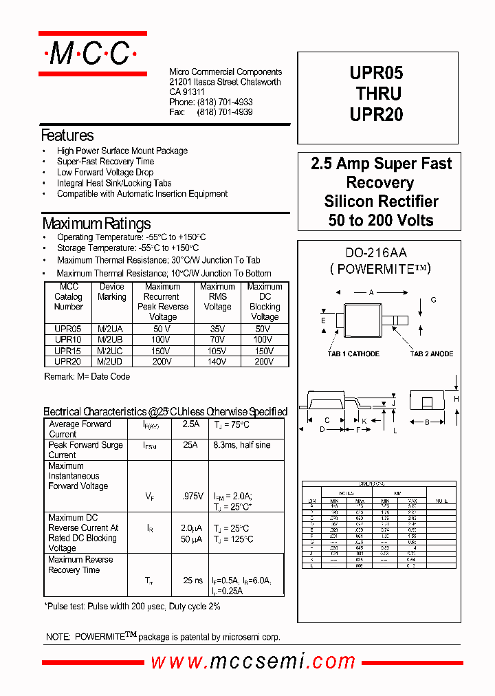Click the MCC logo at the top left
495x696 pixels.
[x=92, y=54]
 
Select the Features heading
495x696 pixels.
[x=67, y=135]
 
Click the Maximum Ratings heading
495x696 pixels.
[x=96, y=224]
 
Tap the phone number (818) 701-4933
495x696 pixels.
[x=225, y=102]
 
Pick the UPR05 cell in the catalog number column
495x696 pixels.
[x=68, y=329]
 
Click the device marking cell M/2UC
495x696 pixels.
[x=111, y=350]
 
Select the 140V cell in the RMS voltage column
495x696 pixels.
[x=217, y=361]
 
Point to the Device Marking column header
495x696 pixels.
[x=111, y=292]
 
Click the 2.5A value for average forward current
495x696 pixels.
[x=191, y=424]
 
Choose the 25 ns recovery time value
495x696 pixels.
[x=192, y=580]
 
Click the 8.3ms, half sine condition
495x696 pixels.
[x=242, y=445]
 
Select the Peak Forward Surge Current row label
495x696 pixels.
[x=85, y=450]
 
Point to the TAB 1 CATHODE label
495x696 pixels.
[x=353, y=354]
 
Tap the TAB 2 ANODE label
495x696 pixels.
[x=431, y=354]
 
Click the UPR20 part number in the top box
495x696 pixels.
[x=376, y=116]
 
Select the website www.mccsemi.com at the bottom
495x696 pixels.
[x=253, y=662]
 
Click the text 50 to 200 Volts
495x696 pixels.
[x=381, y=221]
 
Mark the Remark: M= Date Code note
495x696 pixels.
[x=87, y=377]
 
